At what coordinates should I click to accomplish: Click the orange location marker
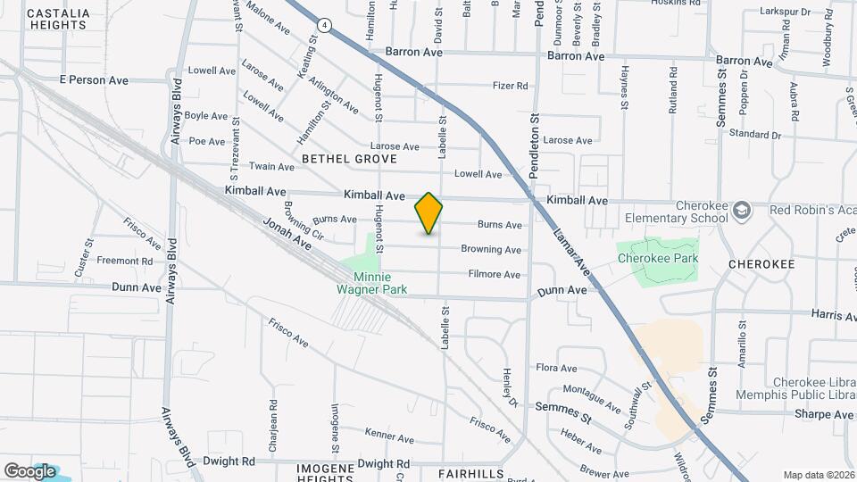click(x=428, y=213)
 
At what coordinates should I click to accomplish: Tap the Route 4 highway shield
click(x=330, y=27)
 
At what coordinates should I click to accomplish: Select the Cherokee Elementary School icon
click(x=740, y=210)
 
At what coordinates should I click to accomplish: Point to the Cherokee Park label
click(x=657, y=259)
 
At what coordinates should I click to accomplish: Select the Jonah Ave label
click(x=287, y=233)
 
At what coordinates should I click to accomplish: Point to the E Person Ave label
click(x=94, y=80)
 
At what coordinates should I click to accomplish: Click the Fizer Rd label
click(x=511, y=87)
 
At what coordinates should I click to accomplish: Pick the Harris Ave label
click(x=834, y=314)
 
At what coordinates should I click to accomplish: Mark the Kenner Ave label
click(x=389, y=438)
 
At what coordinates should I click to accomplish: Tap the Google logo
click(x=29, y=470)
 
